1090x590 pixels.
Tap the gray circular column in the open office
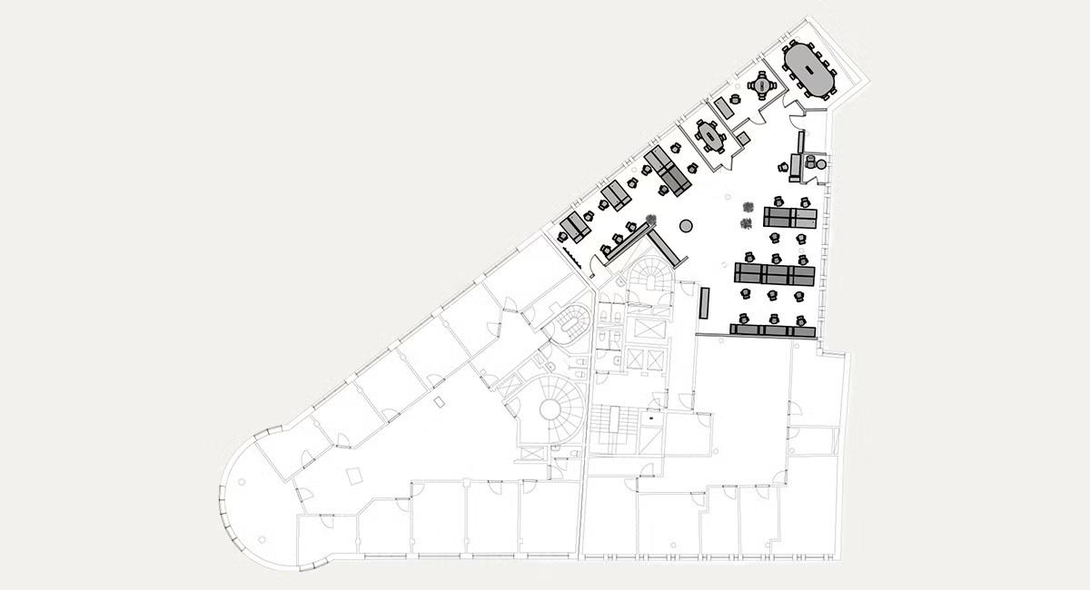[x=686, y=224]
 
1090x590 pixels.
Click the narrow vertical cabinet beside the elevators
[x=703, y=302]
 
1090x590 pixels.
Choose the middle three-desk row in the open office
[x=775, y=273]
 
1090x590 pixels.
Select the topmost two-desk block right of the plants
[x=790, y=217]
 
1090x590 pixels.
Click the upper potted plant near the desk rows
[x=748, y=207]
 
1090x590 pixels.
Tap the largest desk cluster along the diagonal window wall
[x=668, y=171]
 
